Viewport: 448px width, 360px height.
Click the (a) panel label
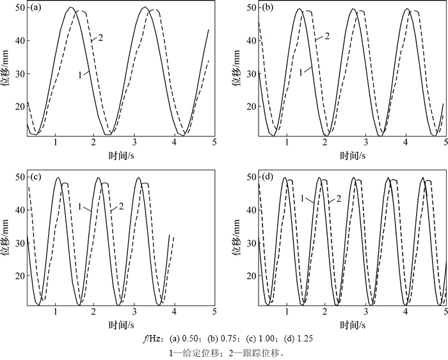(36, 8)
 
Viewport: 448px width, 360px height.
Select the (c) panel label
(36, 177)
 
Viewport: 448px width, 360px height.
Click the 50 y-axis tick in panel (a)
(19, 8)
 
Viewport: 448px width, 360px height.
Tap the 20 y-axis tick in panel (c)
(19, 275)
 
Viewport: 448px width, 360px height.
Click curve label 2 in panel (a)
(101, 38)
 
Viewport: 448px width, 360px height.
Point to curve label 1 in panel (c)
(80, 206)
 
